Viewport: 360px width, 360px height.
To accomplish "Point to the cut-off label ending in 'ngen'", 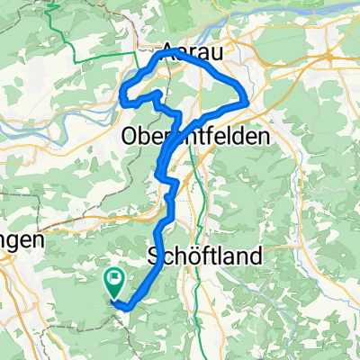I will click(20, 241).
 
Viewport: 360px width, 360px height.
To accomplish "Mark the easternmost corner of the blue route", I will click(247, 102).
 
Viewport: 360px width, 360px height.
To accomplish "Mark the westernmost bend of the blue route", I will click(122, 92).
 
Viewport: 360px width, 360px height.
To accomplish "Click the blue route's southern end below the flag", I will click(126, 308).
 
